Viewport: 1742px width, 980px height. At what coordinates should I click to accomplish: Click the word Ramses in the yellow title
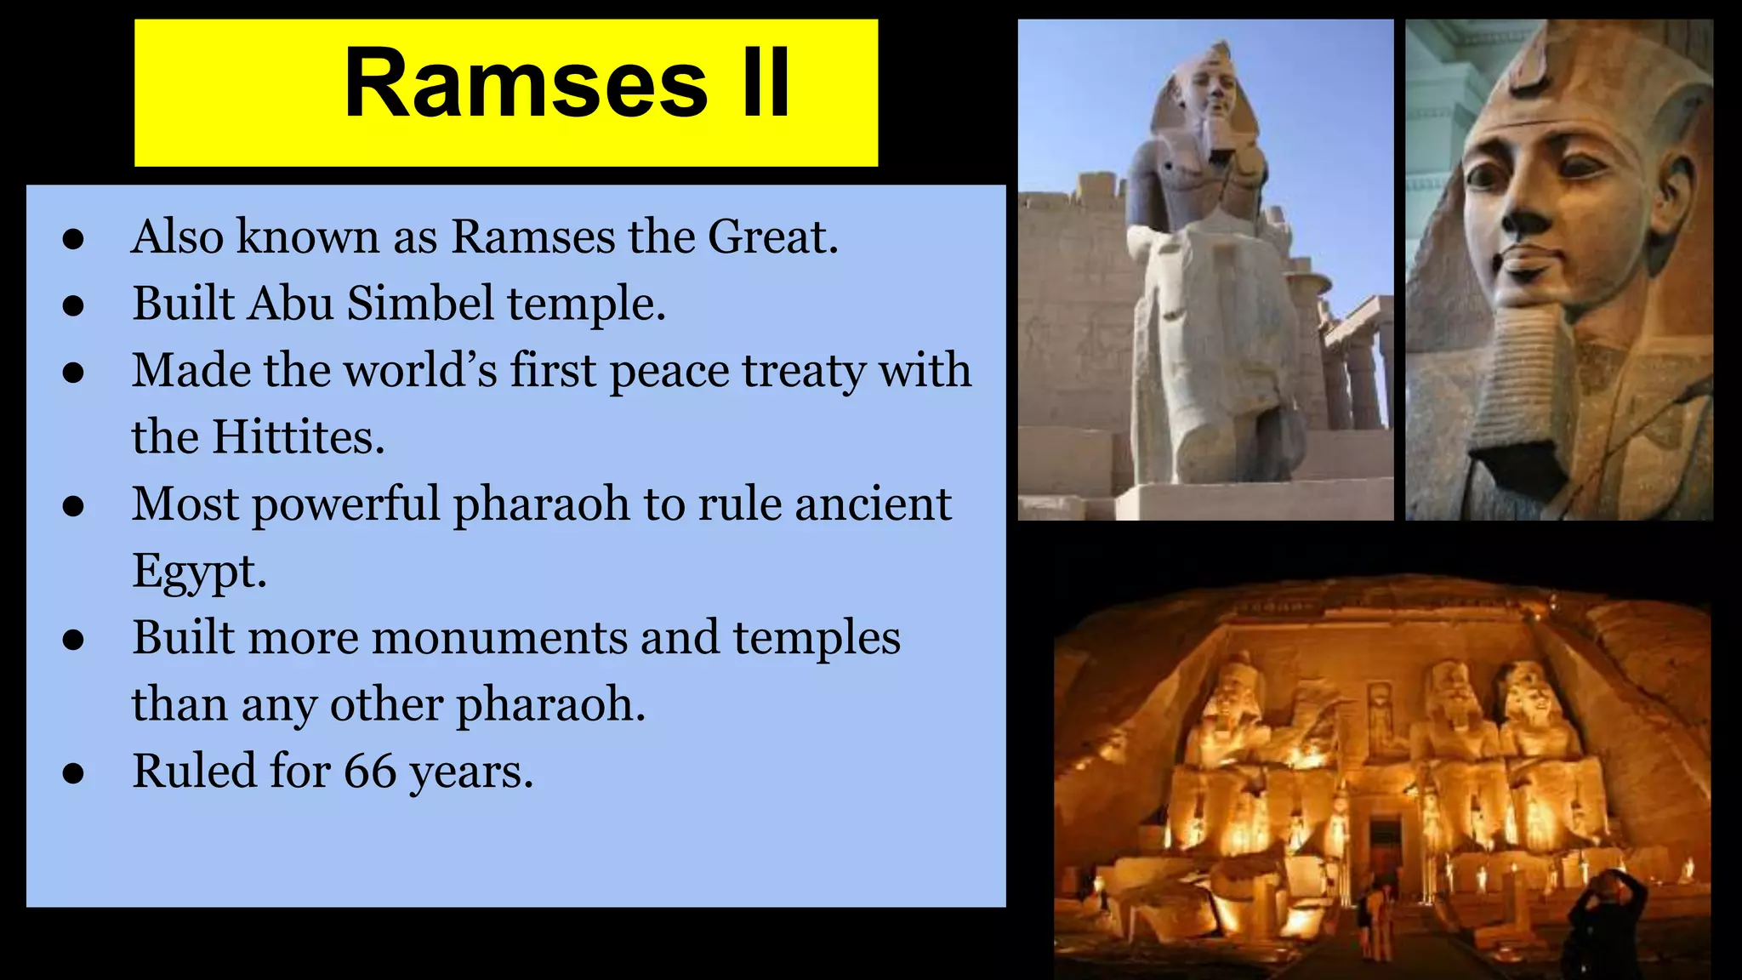526,84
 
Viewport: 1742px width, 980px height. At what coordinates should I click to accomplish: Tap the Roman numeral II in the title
766,84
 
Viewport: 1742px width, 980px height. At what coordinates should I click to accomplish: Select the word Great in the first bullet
772,236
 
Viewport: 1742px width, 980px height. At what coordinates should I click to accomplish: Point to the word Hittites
298,437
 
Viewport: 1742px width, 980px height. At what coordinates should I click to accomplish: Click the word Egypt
199,572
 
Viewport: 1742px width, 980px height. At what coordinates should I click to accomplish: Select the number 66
370,772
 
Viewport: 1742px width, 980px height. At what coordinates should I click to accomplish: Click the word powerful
344,504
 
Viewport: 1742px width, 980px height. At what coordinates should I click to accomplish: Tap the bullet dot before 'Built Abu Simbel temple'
74,305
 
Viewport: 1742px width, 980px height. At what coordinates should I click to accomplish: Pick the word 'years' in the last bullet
470,772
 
